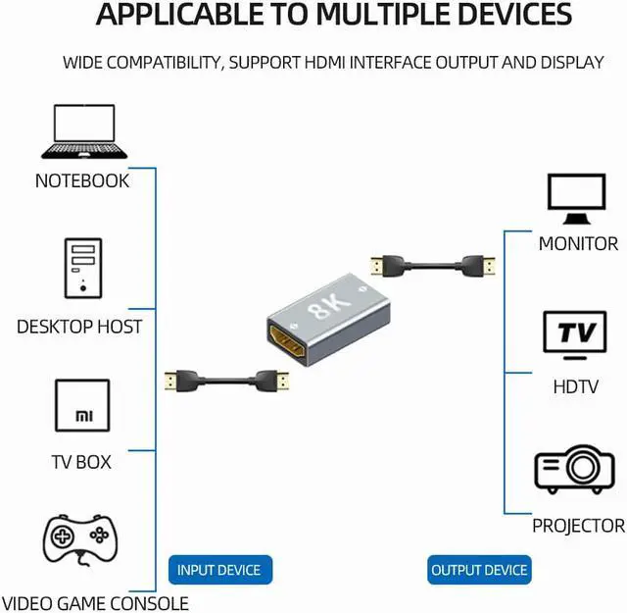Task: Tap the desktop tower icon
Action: pos(81,267)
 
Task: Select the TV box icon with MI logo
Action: pos(81,410)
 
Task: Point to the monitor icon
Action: pos(578,199)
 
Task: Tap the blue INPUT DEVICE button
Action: pos(219,570)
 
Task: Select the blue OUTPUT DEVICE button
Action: pos(479,570)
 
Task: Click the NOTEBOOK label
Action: pos(82,181)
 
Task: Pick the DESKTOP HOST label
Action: pos(79,327)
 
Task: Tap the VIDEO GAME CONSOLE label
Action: pos(95,602)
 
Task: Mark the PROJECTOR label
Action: pos(578,527)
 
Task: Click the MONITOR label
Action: pos(578,244)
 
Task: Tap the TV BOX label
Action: pos(81,461)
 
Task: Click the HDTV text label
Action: pos(575,387)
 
